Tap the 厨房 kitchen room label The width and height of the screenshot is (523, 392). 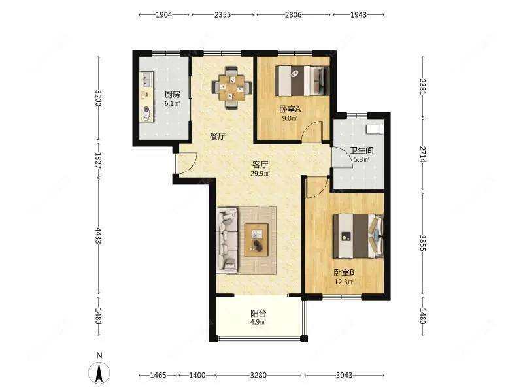click(172, 95)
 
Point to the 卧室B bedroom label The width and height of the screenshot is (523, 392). click(345, 272)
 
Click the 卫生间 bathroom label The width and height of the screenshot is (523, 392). click(362, 151)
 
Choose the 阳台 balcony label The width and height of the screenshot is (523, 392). click(258, 314)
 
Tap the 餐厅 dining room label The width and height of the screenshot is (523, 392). click(218, 137)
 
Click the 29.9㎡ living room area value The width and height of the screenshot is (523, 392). click(260, 173)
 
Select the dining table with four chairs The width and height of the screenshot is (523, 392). click(232, 88)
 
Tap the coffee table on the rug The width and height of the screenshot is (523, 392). click(256, 240)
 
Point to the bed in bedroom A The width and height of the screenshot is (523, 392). click(302, 81)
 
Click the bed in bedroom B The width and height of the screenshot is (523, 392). click(358, 236)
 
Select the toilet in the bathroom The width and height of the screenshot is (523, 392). click(374, 128)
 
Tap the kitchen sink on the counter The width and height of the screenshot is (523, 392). click(146, 79)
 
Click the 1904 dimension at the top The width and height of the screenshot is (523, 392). click(164, 14)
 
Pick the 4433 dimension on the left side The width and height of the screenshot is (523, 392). click(98, 235)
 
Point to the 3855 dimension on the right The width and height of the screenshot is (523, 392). click(422, 243)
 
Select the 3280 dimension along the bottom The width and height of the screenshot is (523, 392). click(258, 375)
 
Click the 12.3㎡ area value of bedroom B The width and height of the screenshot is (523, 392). click(345, 282)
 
